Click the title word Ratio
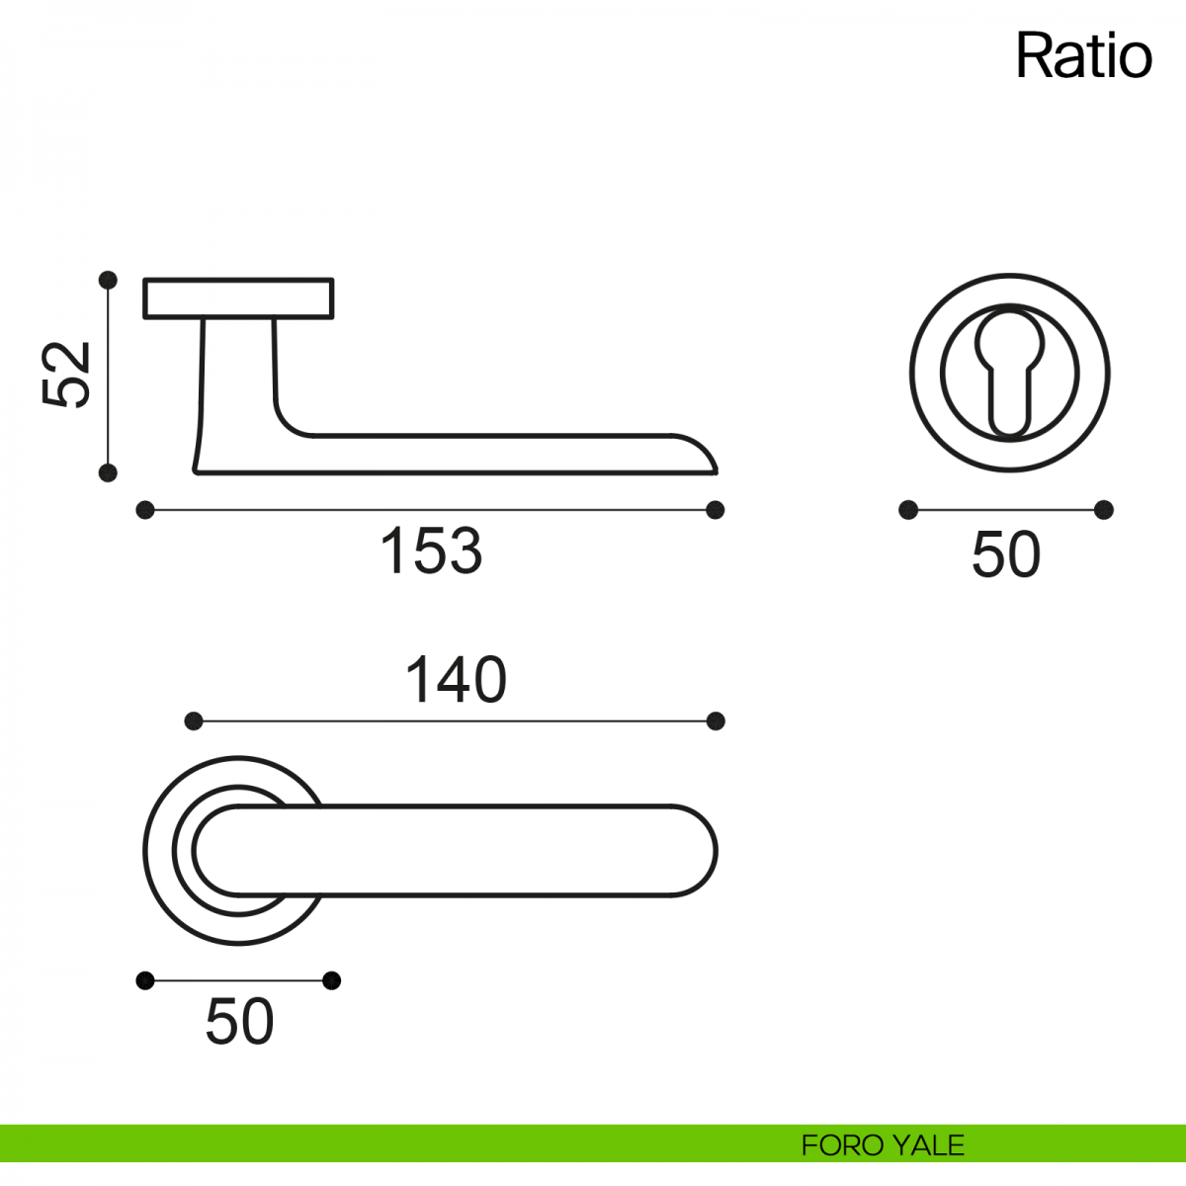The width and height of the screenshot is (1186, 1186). coord(1083,56)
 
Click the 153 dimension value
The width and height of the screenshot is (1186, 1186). coord(432,551)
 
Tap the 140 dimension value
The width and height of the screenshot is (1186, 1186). coord(456,679)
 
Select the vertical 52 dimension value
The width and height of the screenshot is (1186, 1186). coord(66,375)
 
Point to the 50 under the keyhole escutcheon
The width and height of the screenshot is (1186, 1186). coord(1006,554)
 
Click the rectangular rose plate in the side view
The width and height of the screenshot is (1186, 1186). coord(239,298)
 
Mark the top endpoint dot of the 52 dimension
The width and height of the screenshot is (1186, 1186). coord(108,280)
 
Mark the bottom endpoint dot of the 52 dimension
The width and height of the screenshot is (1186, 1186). coord(108,473)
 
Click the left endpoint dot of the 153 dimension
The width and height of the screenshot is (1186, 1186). coord(145,510)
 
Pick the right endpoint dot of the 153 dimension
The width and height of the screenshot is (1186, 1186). coord(716,510)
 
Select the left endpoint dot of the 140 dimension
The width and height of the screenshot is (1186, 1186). coord(194,720)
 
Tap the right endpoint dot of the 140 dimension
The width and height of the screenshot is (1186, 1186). coord(716,720)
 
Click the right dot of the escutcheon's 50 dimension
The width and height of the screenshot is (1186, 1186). coord(1104,510)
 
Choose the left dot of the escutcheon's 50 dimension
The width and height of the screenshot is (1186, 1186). coord(908,510)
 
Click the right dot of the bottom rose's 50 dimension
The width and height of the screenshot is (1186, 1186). coord(332,980)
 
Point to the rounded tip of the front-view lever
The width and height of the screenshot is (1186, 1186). coord(717,851)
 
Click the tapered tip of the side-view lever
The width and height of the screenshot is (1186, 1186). coord(717,472)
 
